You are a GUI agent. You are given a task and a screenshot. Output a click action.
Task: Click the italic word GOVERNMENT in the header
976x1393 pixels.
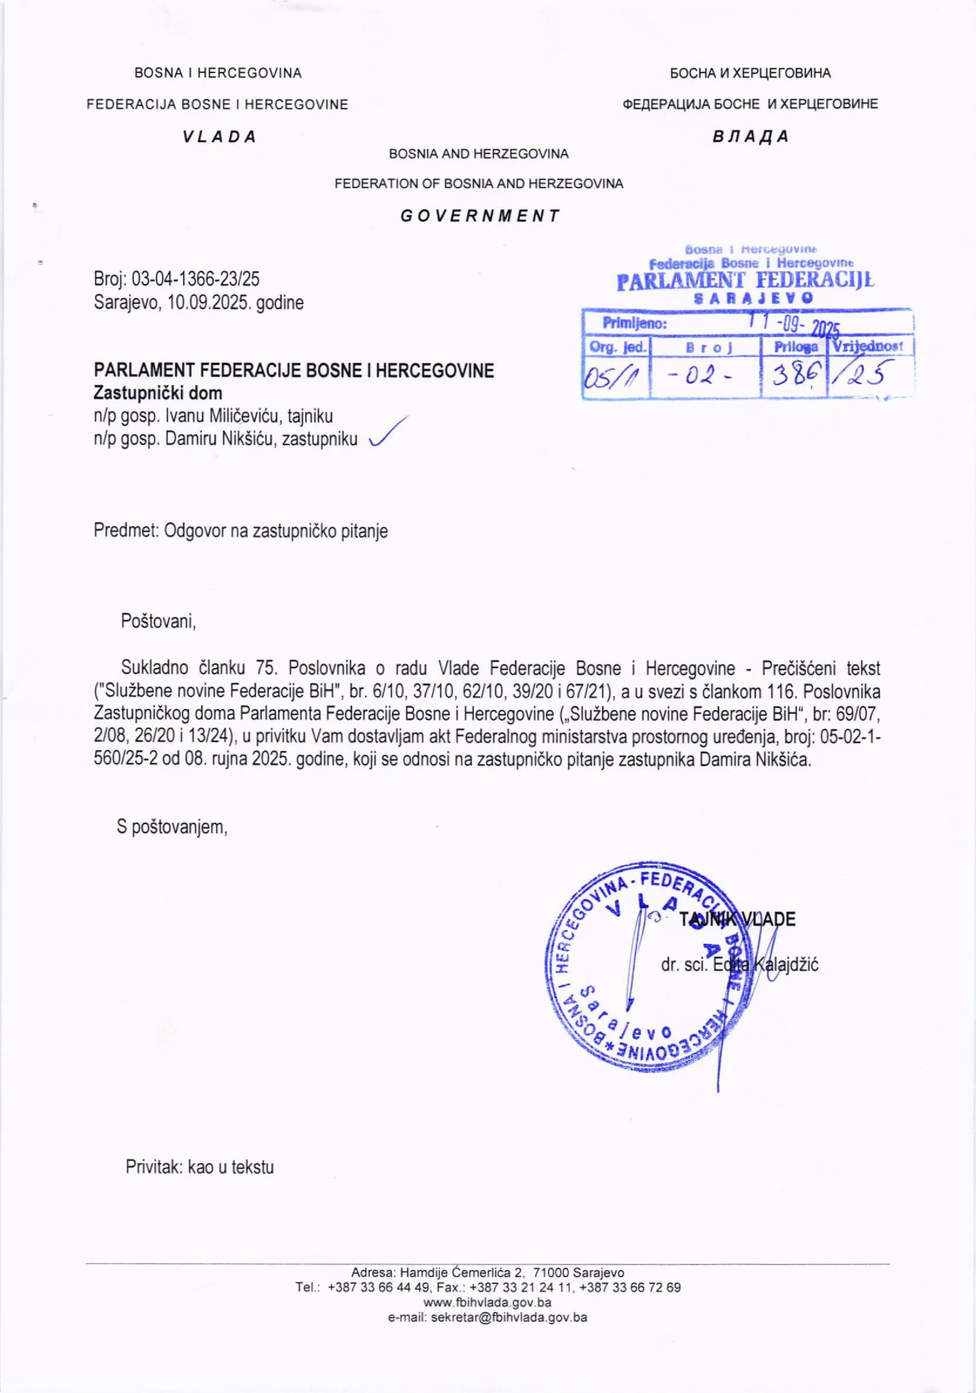tap(479, 216)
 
